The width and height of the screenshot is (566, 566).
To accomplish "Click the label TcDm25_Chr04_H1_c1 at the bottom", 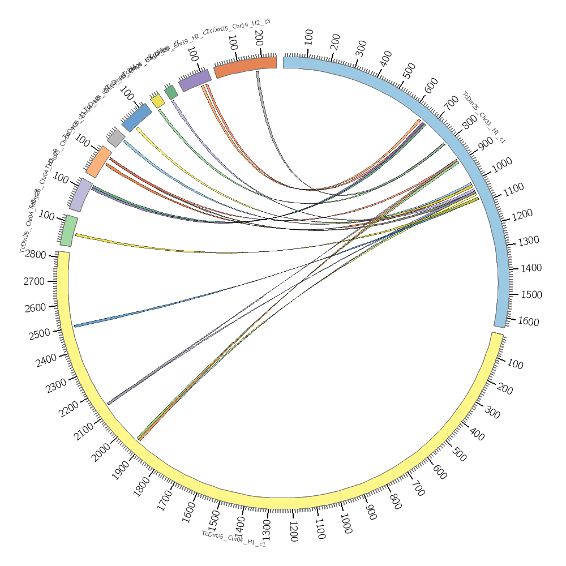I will click(233, 538).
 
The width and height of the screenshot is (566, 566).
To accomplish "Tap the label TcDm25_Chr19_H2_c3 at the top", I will click(238, 26).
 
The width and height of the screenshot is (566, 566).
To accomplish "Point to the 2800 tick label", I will click(35, 255).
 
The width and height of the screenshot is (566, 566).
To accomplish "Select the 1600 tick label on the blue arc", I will click(529, 321).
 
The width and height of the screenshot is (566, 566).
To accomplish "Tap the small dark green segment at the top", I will click(171, 92).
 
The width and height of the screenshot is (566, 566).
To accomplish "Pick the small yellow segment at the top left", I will click(157, 101).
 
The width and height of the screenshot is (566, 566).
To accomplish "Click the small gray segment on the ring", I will click(116, 138).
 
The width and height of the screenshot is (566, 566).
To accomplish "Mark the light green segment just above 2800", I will click(68, 230).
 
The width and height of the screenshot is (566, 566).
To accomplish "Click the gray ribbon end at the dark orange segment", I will click(258, 73).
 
